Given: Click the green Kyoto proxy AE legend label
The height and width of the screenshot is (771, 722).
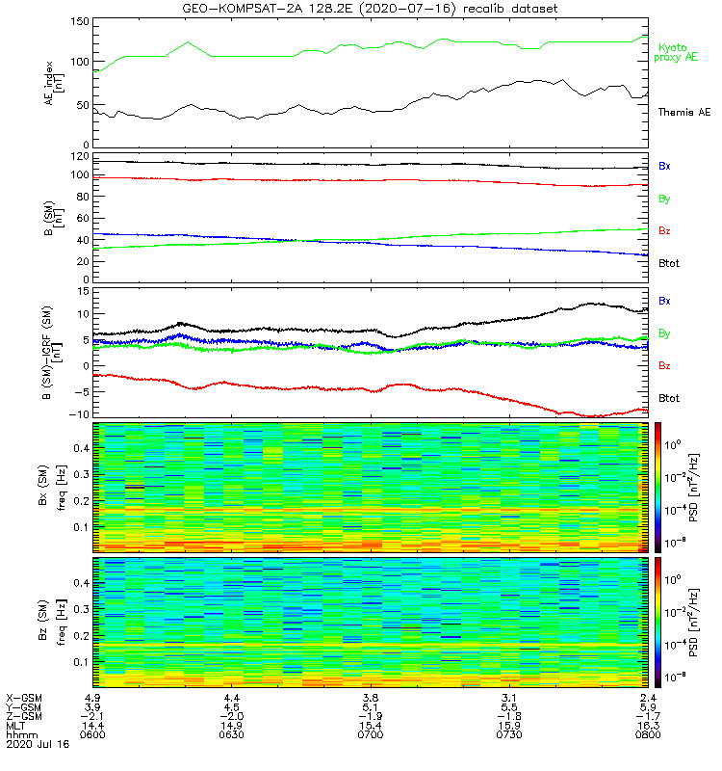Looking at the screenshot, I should pos(678,53).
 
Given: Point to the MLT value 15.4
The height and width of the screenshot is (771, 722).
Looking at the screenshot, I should pos(371,725).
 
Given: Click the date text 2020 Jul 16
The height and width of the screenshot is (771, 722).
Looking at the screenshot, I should pos(38,745).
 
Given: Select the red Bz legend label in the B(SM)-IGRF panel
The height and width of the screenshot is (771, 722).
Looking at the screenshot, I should pos(664,366).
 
